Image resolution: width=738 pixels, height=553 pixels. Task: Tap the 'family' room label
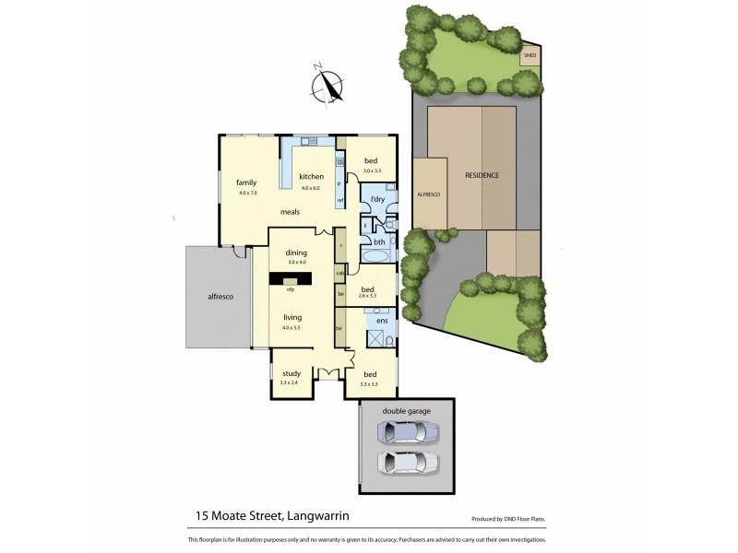245,182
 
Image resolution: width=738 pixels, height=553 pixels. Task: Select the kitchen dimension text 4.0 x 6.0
310,188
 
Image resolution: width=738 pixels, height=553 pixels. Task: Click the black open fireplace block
291,278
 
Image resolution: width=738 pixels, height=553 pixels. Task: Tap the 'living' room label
292,317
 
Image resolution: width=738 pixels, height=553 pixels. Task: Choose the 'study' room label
292,373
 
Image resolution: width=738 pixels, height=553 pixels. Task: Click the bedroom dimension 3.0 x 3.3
371,171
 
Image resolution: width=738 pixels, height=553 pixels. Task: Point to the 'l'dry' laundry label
377,200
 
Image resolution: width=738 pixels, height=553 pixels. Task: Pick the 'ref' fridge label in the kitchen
340,200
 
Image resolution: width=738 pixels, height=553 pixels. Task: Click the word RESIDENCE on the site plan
482,175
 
